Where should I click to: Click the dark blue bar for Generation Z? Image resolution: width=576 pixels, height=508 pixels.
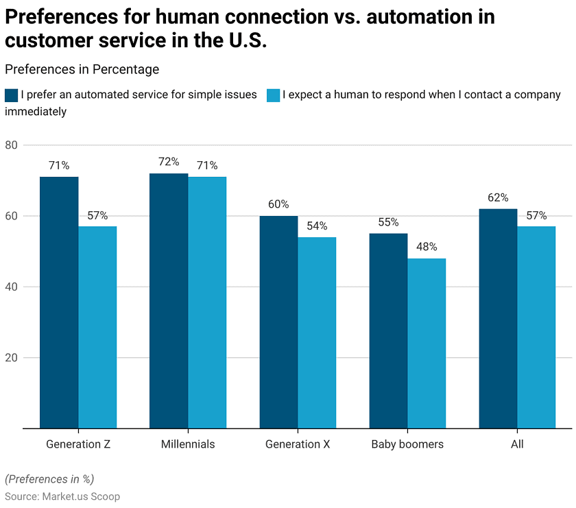(59, 302)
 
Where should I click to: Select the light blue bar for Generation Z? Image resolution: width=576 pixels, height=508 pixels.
(97, 327)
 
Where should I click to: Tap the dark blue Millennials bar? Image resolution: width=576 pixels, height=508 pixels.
(169, 301)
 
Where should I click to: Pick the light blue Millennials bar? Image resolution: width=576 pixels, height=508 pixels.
(207, 302)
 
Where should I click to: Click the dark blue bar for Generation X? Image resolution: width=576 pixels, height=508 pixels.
(278, 322)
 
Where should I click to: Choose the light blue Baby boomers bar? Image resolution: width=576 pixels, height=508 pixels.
(427, 343)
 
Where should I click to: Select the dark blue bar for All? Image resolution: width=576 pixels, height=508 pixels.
(498, 319)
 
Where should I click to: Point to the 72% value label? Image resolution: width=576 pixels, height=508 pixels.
(169, 162)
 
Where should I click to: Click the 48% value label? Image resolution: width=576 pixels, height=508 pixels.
(427, 247)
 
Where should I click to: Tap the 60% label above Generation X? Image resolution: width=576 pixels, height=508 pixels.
(278, 204)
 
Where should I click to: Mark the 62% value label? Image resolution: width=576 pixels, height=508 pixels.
(498, 197)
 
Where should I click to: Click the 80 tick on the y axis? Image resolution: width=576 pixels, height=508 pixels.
(11, 145)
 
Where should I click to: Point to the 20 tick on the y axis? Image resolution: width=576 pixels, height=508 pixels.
(11, 358)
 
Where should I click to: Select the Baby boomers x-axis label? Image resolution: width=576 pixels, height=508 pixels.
(407, 444)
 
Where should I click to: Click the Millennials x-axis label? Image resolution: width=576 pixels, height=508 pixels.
(188, 444)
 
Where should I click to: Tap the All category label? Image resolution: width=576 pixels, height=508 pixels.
(517, 444)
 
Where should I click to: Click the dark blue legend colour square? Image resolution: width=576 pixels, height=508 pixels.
(11, 95)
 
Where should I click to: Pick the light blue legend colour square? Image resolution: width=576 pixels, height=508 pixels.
(273, 95)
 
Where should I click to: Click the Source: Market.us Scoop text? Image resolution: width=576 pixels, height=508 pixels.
(62, 496)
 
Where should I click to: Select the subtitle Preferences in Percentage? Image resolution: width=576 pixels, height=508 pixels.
(82, 69)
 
